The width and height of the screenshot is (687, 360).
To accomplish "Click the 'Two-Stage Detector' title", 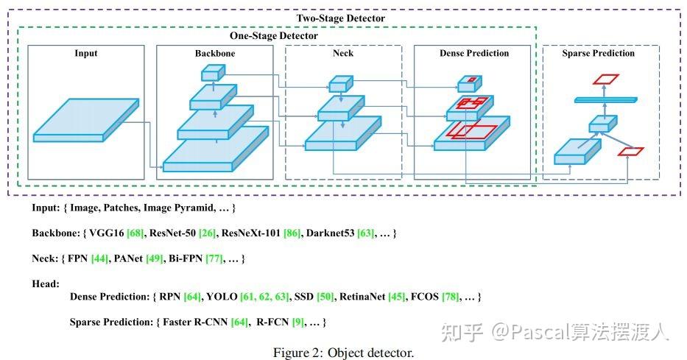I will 340,18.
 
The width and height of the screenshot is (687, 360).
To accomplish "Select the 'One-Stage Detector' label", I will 273,35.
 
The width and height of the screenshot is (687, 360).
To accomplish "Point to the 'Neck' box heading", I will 343,53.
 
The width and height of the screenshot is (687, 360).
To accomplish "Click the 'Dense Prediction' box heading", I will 473,53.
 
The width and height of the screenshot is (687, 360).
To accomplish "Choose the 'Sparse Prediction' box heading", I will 598,53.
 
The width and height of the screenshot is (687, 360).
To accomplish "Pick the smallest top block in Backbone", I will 212,72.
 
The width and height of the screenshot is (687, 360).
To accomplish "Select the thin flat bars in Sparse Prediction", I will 603,99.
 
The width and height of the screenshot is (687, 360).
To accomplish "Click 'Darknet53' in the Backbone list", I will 329,233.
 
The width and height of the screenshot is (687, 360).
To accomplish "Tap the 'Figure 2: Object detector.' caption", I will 343,352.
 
